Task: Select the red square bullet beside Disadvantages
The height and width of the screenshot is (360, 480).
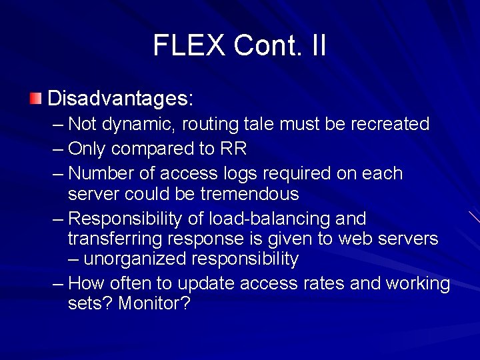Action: (x=35, y=99)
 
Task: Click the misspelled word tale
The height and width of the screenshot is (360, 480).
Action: (x=265, y=125)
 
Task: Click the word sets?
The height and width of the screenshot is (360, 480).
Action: (x=90, y=303)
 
